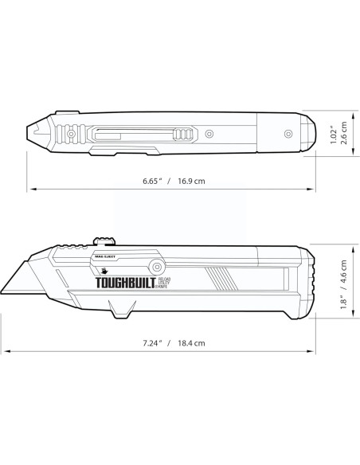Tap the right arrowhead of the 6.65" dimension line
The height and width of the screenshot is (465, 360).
tap(308, 189)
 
